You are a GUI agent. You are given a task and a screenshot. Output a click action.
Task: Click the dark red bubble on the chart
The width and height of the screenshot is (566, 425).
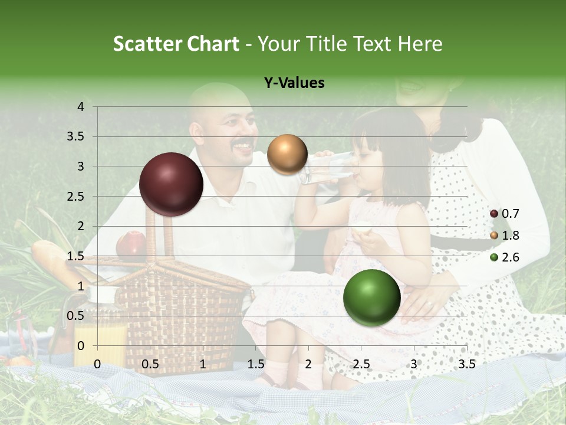point(171,184)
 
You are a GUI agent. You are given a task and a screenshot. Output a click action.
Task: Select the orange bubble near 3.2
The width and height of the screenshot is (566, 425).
point(287,154)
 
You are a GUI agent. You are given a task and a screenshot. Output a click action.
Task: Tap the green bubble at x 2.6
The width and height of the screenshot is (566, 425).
point(371,297)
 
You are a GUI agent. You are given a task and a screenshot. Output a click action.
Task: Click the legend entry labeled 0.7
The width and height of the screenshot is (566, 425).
point(505,214)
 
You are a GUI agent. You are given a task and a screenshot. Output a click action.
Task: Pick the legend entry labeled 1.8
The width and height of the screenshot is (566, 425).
point(505,236)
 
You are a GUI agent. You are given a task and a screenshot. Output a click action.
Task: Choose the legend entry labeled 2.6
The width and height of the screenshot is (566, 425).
point(505,257)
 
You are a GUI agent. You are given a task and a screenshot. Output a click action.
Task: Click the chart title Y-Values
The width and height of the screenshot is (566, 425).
point(294,83)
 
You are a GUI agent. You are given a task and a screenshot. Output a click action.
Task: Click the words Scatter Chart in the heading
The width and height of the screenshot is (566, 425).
point(176,44)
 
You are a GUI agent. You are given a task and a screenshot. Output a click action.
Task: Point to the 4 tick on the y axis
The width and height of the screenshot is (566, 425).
point(81,107)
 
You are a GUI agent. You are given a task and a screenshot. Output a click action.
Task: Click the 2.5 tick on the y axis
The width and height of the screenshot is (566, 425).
point(75,197)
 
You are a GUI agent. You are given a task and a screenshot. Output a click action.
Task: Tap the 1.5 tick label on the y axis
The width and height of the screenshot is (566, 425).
point(75,256)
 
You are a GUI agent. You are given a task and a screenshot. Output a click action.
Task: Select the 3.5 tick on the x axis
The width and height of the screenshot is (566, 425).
point(466,364)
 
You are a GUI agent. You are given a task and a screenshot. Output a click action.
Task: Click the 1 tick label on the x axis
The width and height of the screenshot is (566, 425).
point(203,364)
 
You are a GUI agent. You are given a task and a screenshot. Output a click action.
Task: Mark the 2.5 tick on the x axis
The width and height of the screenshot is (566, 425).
point(361,364)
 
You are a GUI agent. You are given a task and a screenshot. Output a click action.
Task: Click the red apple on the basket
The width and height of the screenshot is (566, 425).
point(131,245)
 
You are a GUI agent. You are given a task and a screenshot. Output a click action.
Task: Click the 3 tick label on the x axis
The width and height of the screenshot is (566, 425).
point(414,364)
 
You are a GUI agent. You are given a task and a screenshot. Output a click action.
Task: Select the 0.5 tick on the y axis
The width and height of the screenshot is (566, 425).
point(75,316)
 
